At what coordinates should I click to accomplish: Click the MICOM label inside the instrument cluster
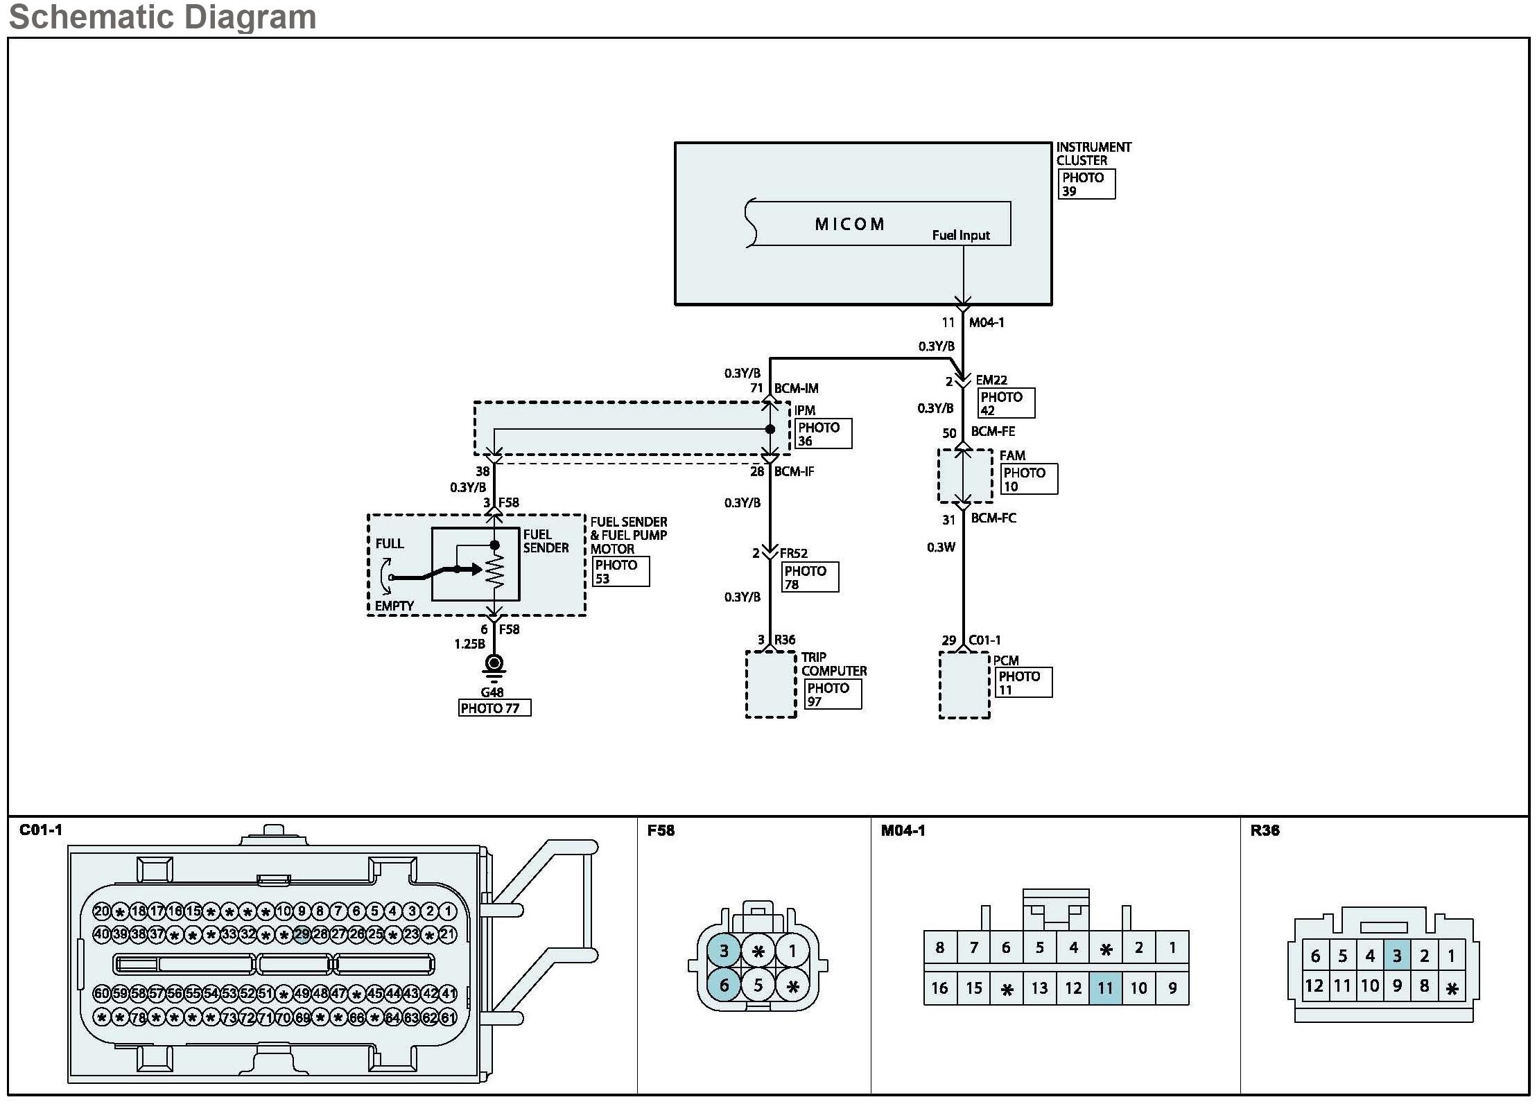[849, 224]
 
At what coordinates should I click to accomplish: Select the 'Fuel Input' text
[961, 235]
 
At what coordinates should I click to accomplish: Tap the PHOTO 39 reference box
[1087, 184]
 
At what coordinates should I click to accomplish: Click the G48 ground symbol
[494, 666]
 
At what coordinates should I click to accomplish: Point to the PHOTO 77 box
[494, 708]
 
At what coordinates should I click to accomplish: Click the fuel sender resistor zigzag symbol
[495, 569]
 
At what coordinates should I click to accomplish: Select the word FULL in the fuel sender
[389, 543]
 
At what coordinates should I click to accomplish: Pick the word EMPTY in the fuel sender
[394, 606]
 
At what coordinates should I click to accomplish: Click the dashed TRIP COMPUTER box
[770, 684]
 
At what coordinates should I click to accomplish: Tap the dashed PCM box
[964, 685]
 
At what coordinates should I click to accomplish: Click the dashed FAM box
[965, 475]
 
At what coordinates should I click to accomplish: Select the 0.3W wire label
[941, 547]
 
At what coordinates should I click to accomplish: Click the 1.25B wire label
[469, 644]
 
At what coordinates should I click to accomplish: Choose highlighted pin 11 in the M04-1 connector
[1105, 988]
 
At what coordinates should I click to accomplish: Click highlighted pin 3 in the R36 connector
[1396, 956]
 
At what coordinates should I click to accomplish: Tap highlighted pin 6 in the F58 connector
[724, 985]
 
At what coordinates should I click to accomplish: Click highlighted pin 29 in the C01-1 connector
[302, 934]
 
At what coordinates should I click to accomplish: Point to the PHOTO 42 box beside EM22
[1006, 403]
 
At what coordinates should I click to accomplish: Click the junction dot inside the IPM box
[770, 430]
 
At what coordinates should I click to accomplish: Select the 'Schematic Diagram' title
[162, 17]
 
